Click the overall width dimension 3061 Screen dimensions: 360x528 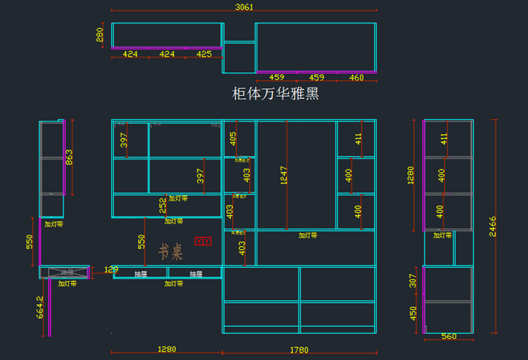point(244,7)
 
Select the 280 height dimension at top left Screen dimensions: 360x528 point(100,35)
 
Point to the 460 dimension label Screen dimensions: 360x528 point(356,78)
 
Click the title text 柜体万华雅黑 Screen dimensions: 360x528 point(275,94)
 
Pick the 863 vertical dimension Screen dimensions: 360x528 point(69,158)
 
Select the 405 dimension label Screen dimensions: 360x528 point(233,138)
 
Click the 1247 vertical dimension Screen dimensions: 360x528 point(284,175)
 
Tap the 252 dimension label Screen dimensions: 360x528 point(162,205)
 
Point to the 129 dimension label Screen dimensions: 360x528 point(111,269)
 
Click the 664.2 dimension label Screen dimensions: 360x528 point(40,308)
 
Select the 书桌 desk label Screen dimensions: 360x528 point(170,251)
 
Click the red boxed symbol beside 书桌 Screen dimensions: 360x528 point(203,242)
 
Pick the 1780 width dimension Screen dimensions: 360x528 point(299,349)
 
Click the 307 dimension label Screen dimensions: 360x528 point(413,281)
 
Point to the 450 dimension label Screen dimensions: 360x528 point(413,313)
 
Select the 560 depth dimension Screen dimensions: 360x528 point(448,337)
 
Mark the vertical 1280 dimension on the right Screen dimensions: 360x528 point(411,176)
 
